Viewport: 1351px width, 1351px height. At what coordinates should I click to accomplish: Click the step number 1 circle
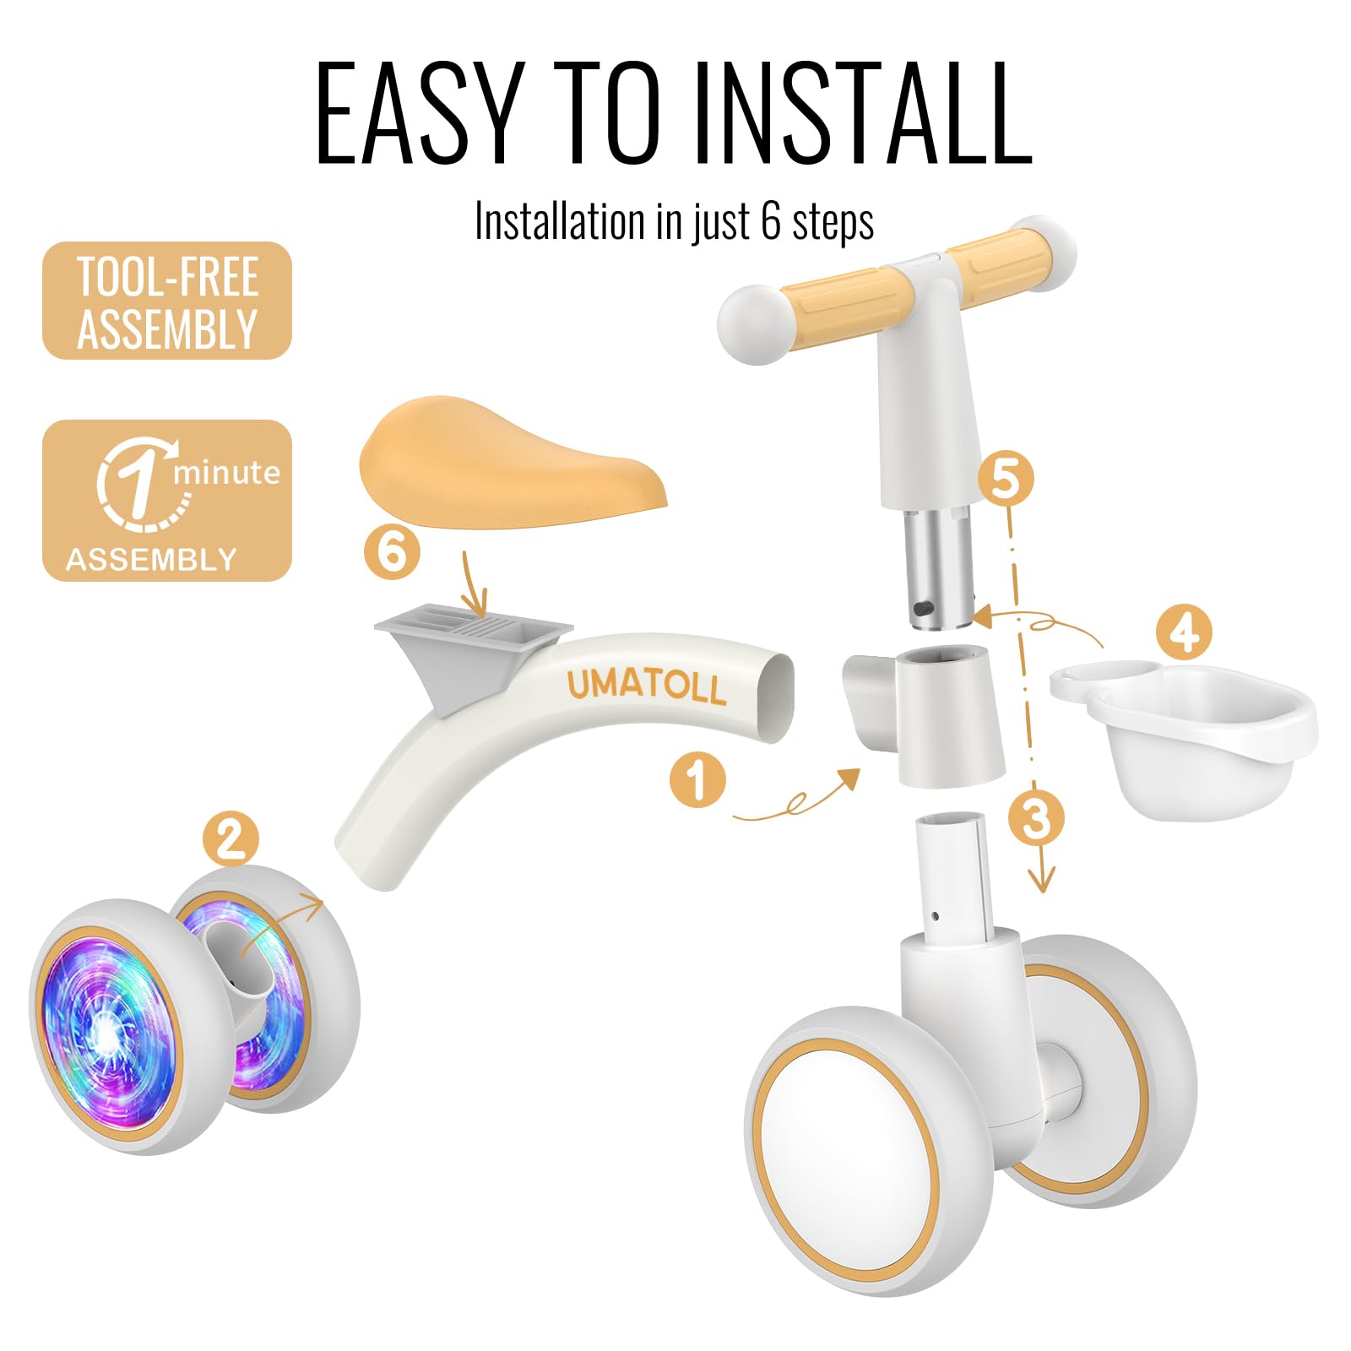point(697,779)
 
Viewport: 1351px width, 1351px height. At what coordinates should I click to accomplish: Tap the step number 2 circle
point(231,838)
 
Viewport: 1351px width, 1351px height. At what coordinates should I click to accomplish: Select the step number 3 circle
point(1036,817)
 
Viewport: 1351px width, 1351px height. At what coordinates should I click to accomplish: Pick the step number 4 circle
point(1184,632)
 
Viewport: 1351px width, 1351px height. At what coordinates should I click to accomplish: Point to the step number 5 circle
point(1006,479)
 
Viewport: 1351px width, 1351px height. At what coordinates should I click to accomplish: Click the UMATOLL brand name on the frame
point(646,685)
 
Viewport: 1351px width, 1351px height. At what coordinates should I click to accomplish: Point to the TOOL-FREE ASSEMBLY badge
point(167,301)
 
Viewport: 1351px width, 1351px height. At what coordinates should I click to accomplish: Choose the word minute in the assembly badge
point(226,473)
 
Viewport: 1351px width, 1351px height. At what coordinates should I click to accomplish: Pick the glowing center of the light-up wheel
point(106,1028)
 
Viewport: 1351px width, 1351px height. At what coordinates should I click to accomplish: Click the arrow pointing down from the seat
point(474,584)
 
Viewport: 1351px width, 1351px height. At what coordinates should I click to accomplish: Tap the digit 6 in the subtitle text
point(770,221)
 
